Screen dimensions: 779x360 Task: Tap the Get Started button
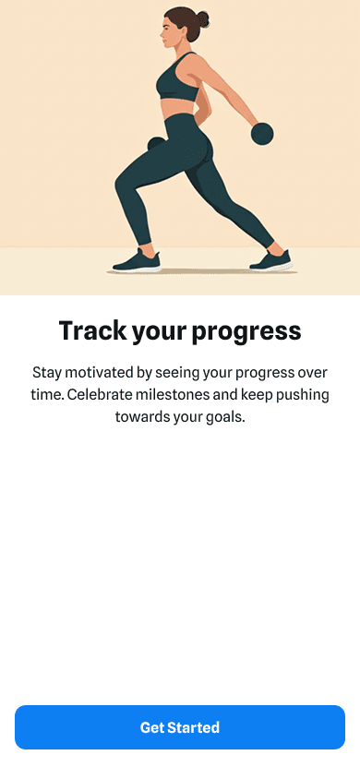pyautogui.click(x=180, y=727)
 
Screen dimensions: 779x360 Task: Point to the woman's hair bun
pyautogui.click(x=202, y=18)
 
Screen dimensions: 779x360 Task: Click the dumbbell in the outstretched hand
pyautogui.click(x=262, y=134)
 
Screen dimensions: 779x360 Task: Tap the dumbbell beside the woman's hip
pyautogui.click(x=156, y=145)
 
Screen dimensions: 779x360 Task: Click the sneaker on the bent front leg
pyautogui.click(x=137, y=261)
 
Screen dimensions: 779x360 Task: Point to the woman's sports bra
pyautogui.click(x=176, y=82)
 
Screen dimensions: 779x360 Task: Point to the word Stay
pyautogui.click(x=47, y=373)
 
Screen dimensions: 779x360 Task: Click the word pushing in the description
pyautogui.click(x=303, y=395)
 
